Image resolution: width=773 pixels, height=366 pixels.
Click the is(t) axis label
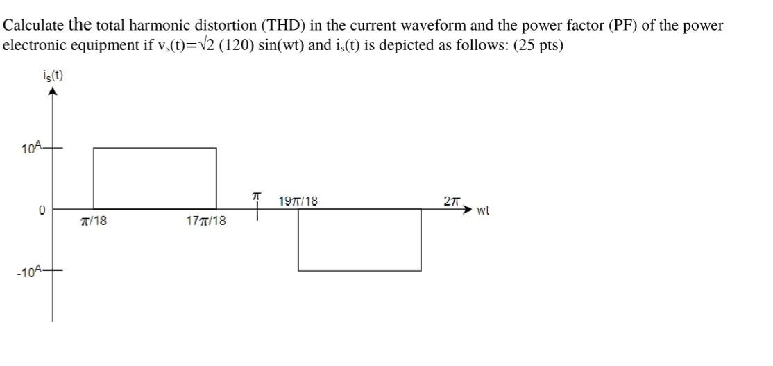[x=53, y=75]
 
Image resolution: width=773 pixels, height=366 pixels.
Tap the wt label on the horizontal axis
[x=483, y=210]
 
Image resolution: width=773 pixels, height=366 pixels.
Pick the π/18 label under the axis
[x=93, y=222]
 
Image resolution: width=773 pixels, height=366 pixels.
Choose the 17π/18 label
[x=206, y=222]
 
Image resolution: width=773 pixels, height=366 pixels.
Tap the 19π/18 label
[x=298, y=201]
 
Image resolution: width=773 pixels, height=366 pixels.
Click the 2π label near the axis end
[x=451, y=201]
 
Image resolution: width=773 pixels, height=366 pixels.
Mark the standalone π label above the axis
[x=256, y=198]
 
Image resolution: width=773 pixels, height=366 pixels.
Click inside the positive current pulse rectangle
[x=155, y=178]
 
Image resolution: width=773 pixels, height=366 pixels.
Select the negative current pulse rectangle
[x=359, y=240]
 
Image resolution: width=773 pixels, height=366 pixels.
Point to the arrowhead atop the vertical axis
[x=52, y=92]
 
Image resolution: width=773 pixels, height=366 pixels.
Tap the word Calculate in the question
[x=34, y=26]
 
